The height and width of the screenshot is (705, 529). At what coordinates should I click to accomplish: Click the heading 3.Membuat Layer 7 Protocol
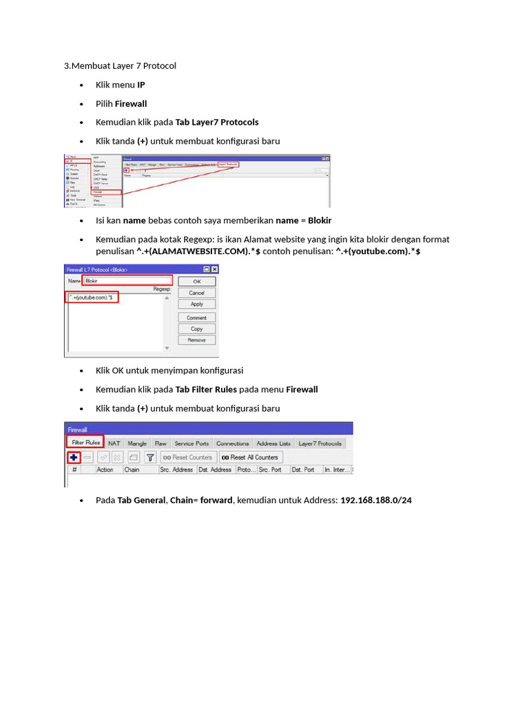[x=120, y=65]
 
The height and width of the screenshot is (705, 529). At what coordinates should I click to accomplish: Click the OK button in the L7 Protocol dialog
[x=196, y=282]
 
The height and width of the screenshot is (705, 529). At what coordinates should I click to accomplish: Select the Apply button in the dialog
[x=196, y=304]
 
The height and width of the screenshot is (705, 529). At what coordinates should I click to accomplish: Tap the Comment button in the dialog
[x=196, y=318]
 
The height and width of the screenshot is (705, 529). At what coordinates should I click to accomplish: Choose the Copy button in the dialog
[x=196, y=329]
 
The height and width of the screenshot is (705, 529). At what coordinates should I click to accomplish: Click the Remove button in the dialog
[x=196, y=340]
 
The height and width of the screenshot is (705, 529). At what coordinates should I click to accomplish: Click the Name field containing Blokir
[x=127, y=281]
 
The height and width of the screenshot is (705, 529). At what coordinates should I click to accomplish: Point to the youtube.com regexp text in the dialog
[x=94, y=297]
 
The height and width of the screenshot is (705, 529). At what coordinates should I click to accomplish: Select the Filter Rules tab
[x=84, y=443]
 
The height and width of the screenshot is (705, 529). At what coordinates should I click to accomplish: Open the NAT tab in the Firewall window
[x=114, y=443]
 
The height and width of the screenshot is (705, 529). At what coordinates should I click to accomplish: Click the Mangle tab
[x=137, y=443]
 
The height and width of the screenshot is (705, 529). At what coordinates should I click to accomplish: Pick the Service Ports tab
[x=191, y=443]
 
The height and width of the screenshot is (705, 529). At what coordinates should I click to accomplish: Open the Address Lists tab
[x=273, y=443]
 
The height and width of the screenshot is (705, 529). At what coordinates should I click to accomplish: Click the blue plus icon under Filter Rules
[x=73, y=457]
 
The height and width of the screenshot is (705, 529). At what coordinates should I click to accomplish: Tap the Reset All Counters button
[x=250, y=457]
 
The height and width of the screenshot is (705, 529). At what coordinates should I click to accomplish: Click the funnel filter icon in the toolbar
[x=149, y=457]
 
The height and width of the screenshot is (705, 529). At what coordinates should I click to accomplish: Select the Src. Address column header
[x=176, y=470]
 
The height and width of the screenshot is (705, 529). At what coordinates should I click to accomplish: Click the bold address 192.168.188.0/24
[x=376, y=500]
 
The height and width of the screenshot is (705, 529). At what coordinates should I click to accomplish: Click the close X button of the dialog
[x=214, y=269]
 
